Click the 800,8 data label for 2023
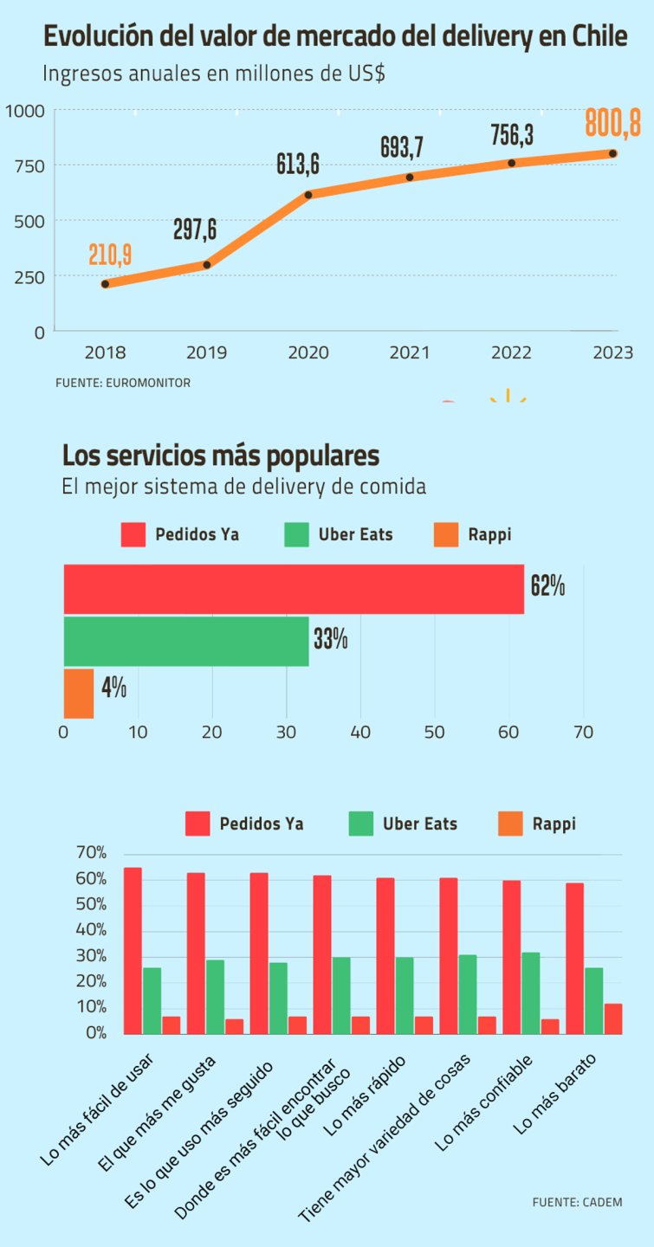click(x=612, y=123)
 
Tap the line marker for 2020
click(x=308, y=195)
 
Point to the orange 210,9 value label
click(x=110, y=255)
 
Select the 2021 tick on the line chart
click(x=409, y=352)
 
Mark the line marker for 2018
click(x=105, y=284)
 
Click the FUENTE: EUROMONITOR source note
click(x=123, y=382)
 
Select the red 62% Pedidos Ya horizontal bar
click(x=294, y=589)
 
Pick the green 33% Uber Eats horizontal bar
click(x=186, y=642)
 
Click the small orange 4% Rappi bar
click(x=79, y=693)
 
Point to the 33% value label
click(x=331, y=641)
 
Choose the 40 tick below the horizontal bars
click(x=360, y=733)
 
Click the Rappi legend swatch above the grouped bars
click(x=511, y=824)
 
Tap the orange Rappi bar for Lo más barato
click(x=613, y=1018)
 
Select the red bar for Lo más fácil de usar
click(x=133, y=950)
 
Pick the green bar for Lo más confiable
click(x=531, y=992)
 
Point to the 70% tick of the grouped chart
click(x=91, y=853)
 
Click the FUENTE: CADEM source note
click(x=577, y=1202)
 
